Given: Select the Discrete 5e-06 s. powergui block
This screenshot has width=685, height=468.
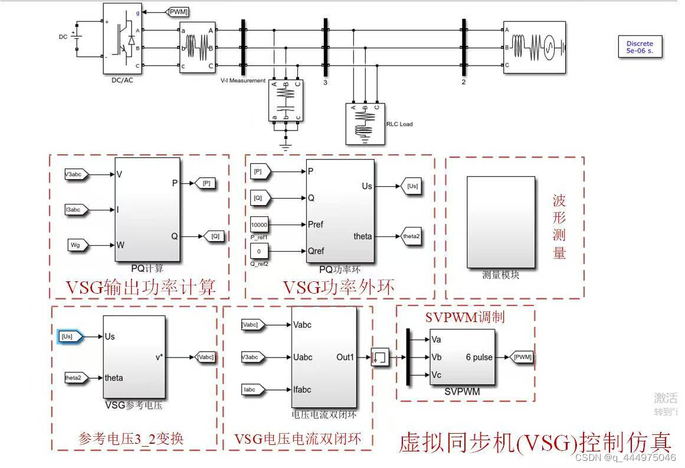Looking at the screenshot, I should [640, 47].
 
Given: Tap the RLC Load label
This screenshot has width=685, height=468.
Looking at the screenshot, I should [399, 124].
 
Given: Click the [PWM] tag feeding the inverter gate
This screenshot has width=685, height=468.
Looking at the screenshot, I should [178, 11].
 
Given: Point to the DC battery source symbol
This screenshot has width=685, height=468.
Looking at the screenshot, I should [77, 37].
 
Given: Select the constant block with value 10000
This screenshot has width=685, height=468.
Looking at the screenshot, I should [259, 225].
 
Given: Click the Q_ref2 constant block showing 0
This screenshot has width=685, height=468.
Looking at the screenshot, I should [259, 251].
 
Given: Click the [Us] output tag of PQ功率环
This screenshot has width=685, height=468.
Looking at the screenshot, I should [412, 186].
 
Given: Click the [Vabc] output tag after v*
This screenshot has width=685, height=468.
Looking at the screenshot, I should [205, 357].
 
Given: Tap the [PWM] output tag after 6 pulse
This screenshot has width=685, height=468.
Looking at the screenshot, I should [522, 357].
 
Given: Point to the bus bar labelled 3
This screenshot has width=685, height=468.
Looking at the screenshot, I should [325, 47].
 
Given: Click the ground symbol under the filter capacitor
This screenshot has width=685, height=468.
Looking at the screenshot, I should [286, 140].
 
